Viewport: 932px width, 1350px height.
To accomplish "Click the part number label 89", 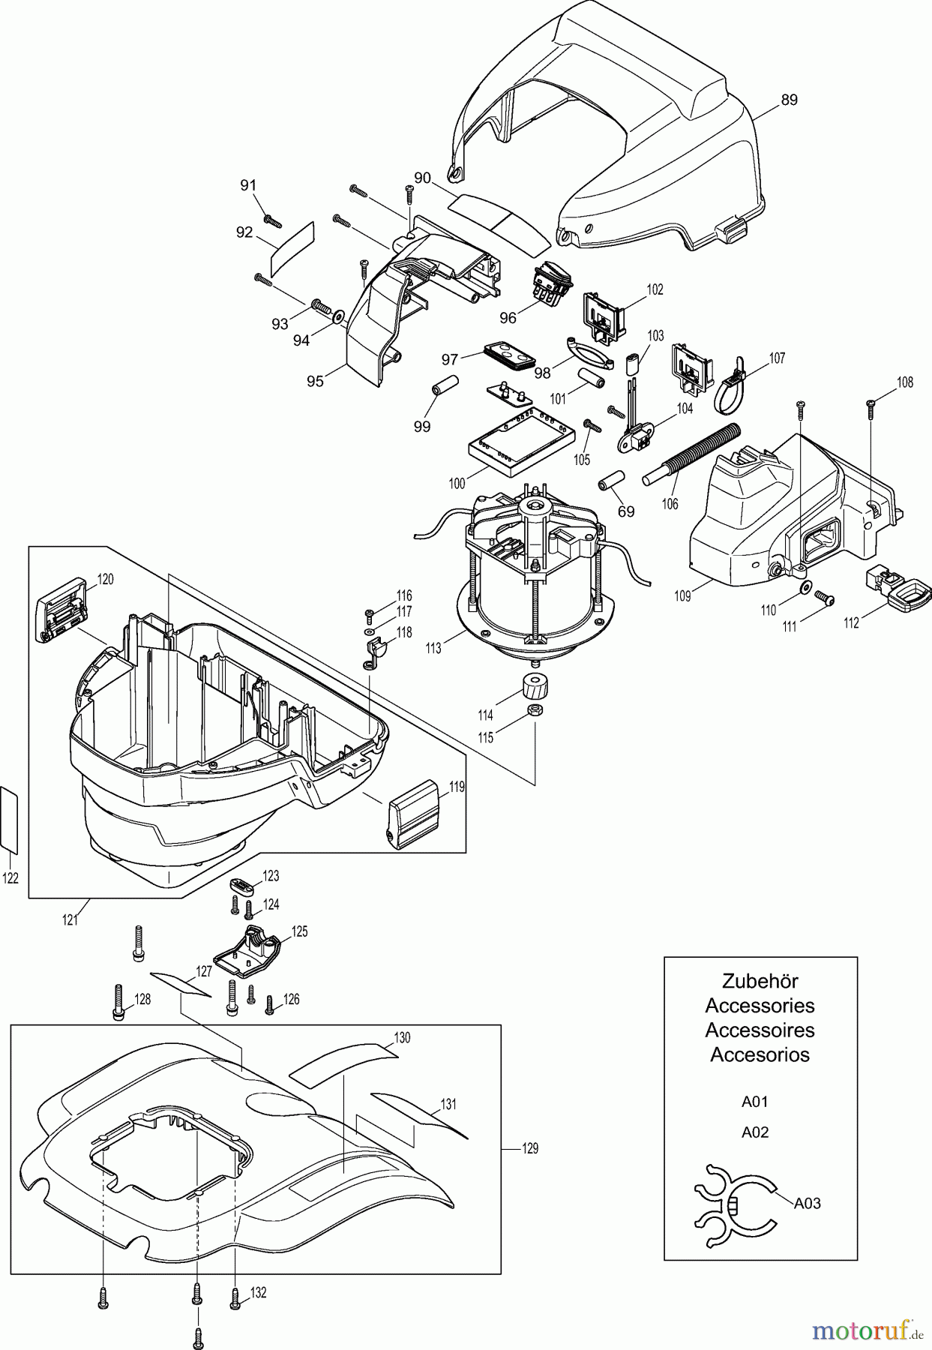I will pyautogui.click(x=789, y=100).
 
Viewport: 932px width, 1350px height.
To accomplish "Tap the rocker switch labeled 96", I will pyautogui.click(x=553, y=286).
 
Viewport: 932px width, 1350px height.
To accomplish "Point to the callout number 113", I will pyautogui.click(x=433, y=648).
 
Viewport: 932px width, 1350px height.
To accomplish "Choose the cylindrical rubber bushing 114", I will pyautogui.click(x=533, y=685).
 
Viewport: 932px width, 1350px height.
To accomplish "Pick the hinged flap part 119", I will pyautogui.click(x=413, y=814).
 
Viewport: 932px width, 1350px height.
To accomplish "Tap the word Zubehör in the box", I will pyautogui.click(x=760, y=981).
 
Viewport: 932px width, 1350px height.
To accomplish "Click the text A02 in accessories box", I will pyautogui.click(x=755, y=1132).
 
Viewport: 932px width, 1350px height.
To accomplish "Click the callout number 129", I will pyautogui.click(x=529, y=1148).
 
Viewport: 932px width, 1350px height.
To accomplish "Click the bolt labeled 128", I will pyautogui.click(x=118, y=1002).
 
